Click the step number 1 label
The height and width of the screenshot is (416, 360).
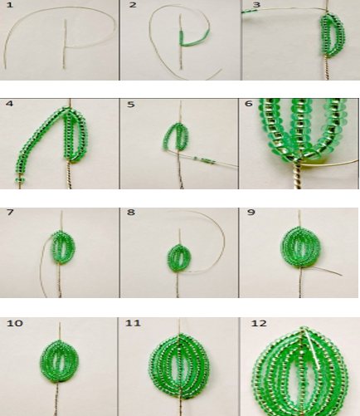(x=9, y=5)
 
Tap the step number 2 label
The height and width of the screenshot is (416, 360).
(x=133, y=5)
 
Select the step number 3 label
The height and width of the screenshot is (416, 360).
(x=256, y=5)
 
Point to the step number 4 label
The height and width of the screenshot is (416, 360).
(x=9, y=104)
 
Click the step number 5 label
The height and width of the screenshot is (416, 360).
(x=131, y=105)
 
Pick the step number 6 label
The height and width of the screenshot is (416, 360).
(x=249, y=104)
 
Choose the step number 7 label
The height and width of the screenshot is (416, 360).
(x=10, y=213)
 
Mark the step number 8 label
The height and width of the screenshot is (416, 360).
(x=131, y=213)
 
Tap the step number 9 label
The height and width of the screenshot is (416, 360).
(x=251, y=213)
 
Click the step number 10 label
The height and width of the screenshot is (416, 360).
(x=15, y=323)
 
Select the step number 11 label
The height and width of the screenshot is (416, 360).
(x=133, y=323)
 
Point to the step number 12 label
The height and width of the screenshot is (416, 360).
(x=259, y=323)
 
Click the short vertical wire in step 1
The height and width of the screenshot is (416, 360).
(x=65, y=44)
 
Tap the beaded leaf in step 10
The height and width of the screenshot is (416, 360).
(x=60, y=361)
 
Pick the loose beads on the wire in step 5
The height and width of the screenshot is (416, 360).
(x=204, y=160)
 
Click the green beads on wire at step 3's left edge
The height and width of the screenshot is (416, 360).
(x=250, y=11)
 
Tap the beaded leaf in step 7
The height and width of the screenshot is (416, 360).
(x=63, y=247)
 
